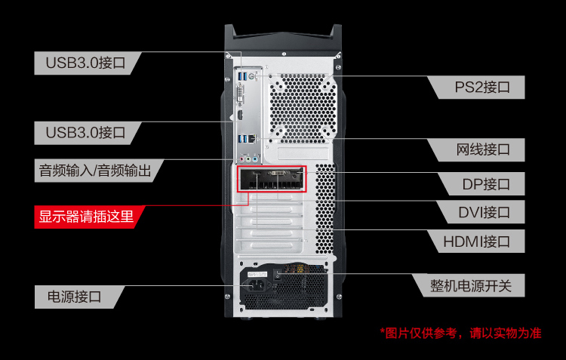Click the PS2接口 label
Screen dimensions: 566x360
click(482, 87)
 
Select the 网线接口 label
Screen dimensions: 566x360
click(483, 149)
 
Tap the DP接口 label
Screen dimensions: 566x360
click(486, 184)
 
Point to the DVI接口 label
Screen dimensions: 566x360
click(484, 212)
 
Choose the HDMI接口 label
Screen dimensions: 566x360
click(476, 242)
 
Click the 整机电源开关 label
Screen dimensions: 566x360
click(471, 285)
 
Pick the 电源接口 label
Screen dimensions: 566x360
click(75, 297)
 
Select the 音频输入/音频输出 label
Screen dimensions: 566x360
click(95, 171)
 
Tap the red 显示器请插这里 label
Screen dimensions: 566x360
click(86, 217)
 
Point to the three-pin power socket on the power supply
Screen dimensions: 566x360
click(258, 285)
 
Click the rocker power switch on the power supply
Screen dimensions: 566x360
click(277, 274)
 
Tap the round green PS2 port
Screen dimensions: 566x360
click(252, 76)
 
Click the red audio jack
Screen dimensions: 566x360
click(241, 159)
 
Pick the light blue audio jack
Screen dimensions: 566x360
click(255, 159)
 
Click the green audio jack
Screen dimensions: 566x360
click(248, 159)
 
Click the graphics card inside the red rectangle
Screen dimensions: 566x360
click(271, 179)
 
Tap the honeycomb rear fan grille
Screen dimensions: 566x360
click(303, 106)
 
